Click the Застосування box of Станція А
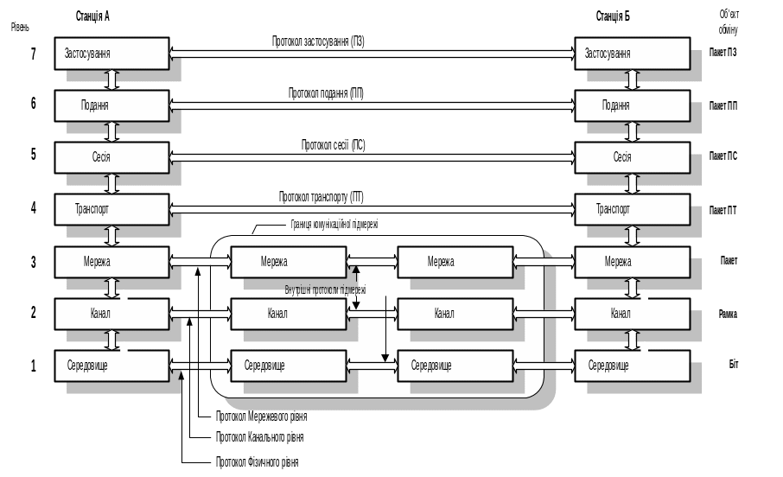click(111, 54)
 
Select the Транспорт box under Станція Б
click(633, 209)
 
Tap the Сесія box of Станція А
click(111, 157)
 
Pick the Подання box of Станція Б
click(633, 105)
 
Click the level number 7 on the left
click(34, 54)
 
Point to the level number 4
click(34, 208)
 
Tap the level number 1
click(34, 366)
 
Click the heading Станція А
click(92, 16)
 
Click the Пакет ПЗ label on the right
click(723, 53)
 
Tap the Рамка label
click(727, 314)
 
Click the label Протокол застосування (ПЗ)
click(318, 41)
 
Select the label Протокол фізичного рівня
click(257, 462)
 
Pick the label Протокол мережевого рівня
click(263, 417)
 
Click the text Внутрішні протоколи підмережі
click(324, 289)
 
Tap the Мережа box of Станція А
click(111, 262)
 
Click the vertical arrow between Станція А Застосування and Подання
click(111, 79)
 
